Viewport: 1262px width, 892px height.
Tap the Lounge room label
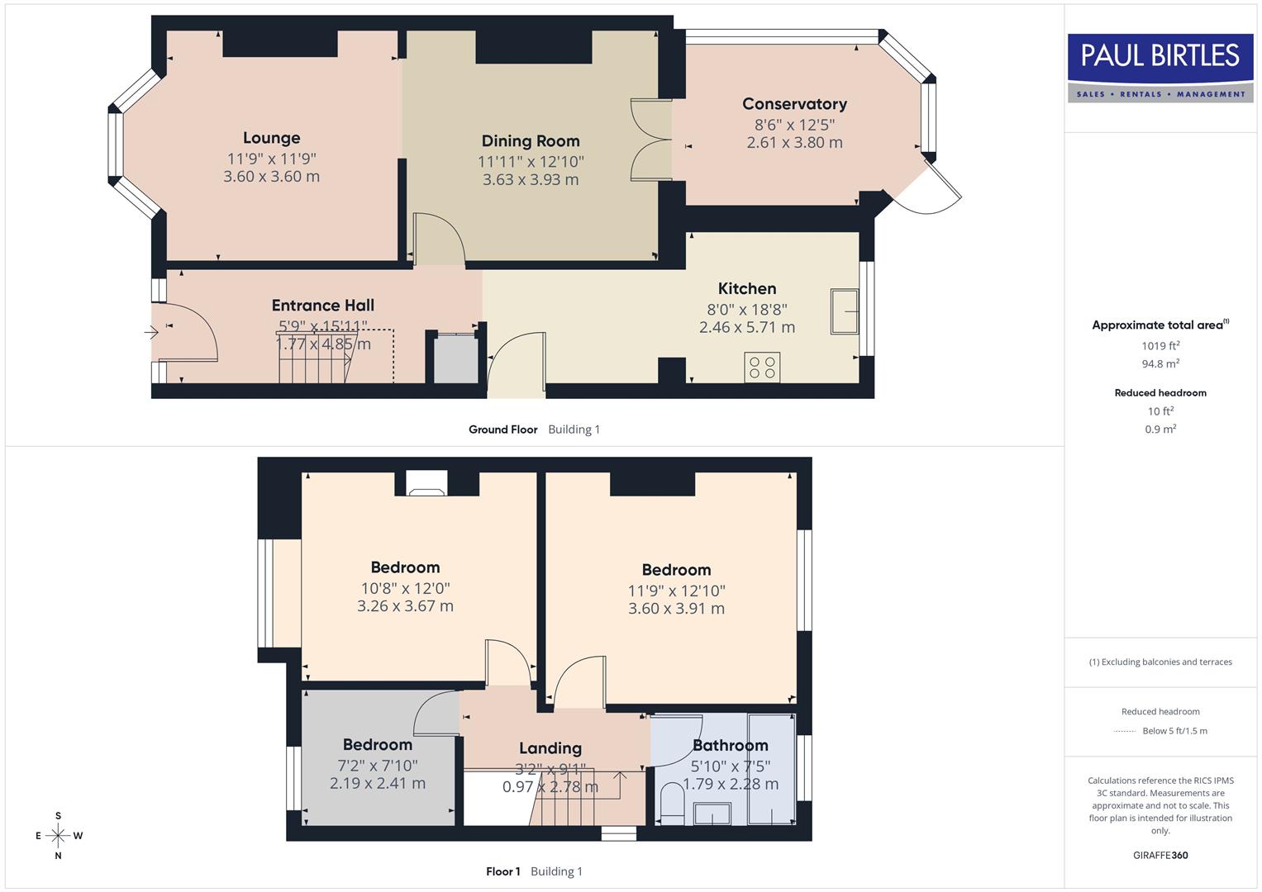271,138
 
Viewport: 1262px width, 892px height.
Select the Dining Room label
531,141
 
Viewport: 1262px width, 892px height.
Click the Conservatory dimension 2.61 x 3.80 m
794,142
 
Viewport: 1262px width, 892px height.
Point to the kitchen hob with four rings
761,368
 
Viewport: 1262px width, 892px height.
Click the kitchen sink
845,311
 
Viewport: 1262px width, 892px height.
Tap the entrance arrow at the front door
151,332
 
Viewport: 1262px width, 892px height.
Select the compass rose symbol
58,836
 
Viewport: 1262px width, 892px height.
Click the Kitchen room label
746,288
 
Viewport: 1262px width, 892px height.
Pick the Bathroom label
730,745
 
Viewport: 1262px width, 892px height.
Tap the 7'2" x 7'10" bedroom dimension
377,766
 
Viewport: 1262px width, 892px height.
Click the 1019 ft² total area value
1160,346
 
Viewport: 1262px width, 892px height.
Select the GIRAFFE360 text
1160,855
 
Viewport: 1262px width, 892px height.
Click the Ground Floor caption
502,429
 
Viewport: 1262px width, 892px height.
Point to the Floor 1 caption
502,871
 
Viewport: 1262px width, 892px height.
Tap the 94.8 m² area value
1160,363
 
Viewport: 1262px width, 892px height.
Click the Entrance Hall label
322,306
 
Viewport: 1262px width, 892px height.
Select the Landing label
550,748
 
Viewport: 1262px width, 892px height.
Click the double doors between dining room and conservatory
650,140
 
